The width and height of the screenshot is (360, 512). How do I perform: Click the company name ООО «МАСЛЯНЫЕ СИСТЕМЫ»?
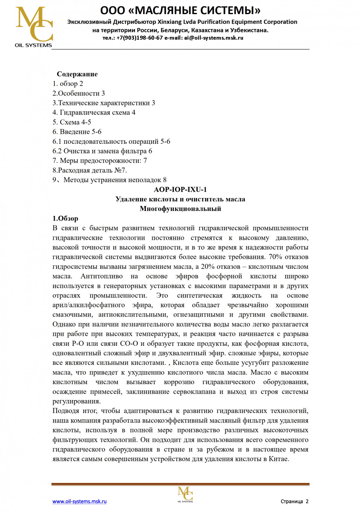(x=180, y=11)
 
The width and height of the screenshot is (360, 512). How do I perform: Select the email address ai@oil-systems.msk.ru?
(x=214, y=38)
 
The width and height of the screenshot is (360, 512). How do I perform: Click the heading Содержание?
(x=77, y=74)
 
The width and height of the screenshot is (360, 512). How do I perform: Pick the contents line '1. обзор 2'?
(x=68, y=84)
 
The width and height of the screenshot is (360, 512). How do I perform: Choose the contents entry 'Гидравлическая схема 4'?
(x=97, y=113)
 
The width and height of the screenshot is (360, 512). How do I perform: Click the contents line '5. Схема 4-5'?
(x=72, y=122)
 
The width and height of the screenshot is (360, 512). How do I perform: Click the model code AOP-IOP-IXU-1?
(x=180, y=189)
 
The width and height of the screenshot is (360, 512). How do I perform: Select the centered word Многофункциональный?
(x=180, y=209)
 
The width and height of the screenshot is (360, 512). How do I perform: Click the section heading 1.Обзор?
(x=65, y=218)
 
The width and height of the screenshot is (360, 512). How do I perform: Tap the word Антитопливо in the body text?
(x=102, y=276)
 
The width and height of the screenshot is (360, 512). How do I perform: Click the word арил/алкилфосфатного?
(x=88, y=305)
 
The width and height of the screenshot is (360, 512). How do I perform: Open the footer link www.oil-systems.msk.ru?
(x=79, y=501)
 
